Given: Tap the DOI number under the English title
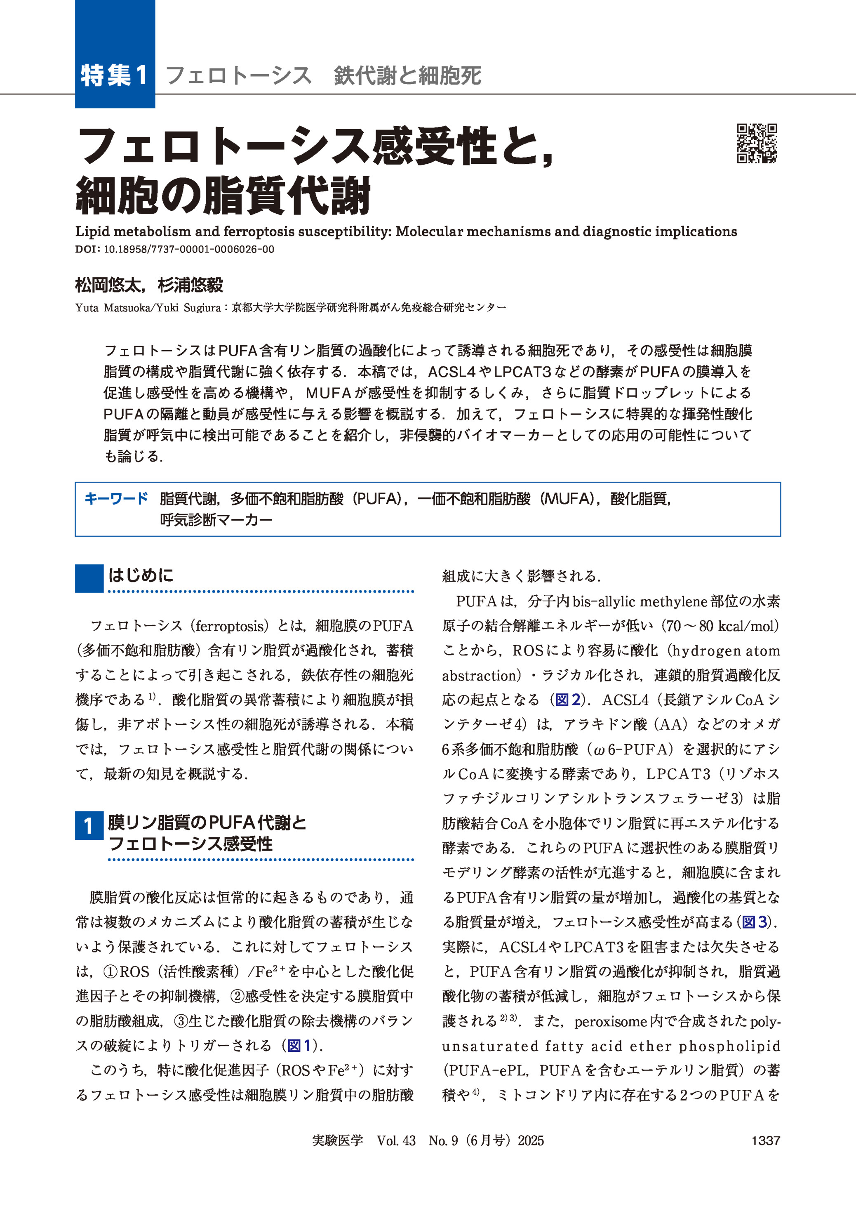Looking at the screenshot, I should (x=189, y=250).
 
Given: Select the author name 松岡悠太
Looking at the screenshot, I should (x=108, y=285).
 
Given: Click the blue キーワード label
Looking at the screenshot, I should (x=116, y=498).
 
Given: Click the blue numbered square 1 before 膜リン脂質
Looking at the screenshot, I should (x=89, y=826).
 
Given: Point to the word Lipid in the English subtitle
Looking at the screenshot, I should (x=92, y=231).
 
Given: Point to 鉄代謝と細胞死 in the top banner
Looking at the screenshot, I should (x=407, y=75).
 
